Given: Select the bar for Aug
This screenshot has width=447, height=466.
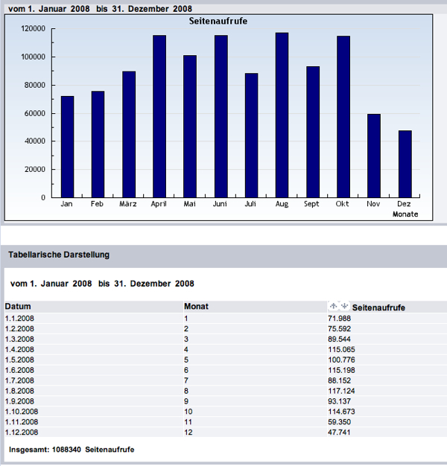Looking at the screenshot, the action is click(x=282, y=115).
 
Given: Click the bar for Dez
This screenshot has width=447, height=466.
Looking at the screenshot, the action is click(x=405, y=164).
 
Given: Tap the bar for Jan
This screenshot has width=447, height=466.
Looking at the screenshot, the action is click(x=68, y=147).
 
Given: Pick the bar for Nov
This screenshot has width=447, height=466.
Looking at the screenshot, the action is click(x=374, y=156).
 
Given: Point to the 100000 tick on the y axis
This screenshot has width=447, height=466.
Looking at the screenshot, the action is click(x=33, y=57).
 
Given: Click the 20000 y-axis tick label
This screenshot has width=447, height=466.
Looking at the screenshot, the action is click(x=35, y=170).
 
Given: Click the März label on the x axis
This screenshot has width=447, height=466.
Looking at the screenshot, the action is click(x=128, y=204).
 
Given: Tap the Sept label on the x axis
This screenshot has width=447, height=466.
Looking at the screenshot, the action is click(x=311, y=204).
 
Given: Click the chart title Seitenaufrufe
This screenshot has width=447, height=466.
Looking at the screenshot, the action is click(x=218, y=21).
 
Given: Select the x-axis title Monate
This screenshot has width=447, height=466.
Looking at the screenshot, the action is click(x=405, y=214).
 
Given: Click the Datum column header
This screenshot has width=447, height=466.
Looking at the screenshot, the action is click(x=18, y=307).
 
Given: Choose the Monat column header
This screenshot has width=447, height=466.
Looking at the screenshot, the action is click(x=196, y=307).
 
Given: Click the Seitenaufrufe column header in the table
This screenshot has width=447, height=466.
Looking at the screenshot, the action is click(x=378, y=307).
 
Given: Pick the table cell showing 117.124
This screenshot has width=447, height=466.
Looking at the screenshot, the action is click(x=341, y=391).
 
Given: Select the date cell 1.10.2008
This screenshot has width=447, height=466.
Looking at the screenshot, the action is click(x=22, y=412).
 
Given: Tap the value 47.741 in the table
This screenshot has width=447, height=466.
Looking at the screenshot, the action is click(x=339, y=432).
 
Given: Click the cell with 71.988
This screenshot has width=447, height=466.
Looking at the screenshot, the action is click(x=339, y=319).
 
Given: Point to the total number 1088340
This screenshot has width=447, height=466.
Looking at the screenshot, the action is click(x=66, y=450).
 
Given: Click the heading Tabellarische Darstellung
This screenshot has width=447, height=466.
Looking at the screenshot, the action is click(x=59, y=255).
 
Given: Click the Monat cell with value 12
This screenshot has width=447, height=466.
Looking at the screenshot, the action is click(x=188, y=432).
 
